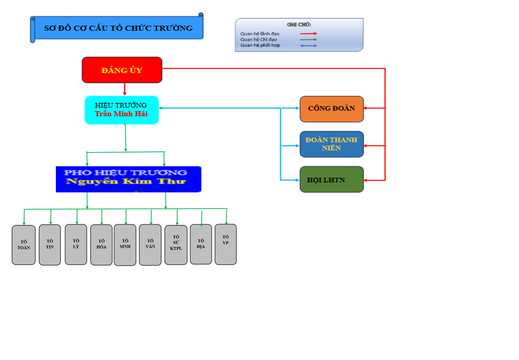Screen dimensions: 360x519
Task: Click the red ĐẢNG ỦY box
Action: click(122, 70)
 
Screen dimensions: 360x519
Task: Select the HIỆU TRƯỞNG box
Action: click(122, 109)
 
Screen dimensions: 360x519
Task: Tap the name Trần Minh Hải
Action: click(121, 114)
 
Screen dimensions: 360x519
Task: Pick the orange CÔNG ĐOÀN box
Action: click(332, 109)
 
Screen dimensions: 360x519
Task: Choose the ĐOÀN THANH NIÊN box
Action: click(332, 144)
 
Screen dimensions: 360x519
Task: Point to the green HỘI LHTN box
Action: click(332, 179)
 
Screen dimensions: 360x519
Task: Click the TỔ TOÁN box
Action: click(23, 245)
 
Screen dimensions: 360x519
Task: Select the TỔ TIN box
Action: click(50, 245)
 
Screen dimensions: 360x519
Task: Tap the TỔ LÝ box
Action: click(76, 244)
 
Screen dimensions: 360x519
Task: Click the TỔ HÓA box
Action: click(101, 245)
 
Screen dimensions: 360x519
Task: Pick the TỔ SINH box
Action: click(125, 245)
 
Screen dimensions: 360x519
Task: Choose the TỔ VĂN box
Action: click(150, 245)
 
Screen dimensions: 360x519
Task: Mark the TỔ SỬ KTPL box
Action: click(176, 245)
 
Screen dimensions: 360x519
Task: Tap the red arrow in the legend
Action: click(309, 33)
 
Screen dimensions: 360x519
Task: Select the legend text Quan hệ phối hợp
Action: click(260, 46)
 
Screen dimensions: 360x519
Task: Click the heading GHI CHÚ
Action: click(299, 24)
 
